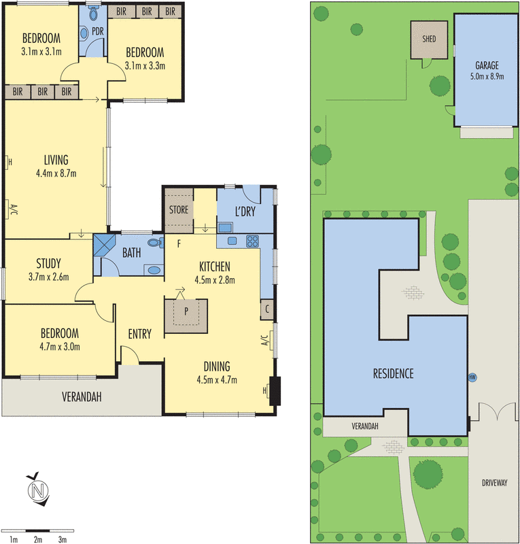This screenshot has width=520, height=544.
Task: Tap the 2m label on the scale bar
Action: pyautogui.click(x=38, y=539)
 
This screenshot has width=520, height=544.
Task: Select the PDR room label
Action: pyautogui.click(x=97, y=31)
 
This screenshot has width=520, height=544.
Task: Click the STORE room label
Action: pyautogui.click(x=179, y=209)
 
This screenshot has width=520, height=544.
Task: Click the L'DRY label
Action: pyautogui.click(x=245, y=212)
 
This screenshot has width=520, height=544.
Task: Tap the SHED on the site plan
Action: pyautogui.click(x=429, y=39)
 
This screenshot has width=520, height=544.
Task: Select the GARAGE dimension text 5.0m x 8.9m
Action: pyautogui.click(x=487, y=77)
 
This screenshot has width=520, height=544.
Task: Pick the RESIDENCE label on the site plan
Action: pyautogui.click(x=393, y=373)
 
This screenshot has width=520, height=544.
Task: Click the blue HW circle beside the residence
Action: pyautogui.click(x=472, y=377)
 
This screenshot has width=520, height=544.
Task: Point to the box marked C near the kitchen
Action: pyautogui.click(x=267, y=309)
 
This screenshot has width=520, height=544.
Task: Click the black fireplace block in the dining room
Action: pyautogui.click(x=275, y=391)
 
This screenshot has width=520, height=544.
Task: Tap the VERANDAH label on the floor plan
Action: pyautogui.click(x=82, y=397)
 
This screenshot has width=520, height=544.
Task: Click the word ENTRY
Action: pyautogui.click(x=139, y=333)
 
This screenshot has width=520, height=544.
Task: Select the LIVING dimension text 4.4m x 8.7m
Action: pyautogui.click(x=56, y=173)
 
